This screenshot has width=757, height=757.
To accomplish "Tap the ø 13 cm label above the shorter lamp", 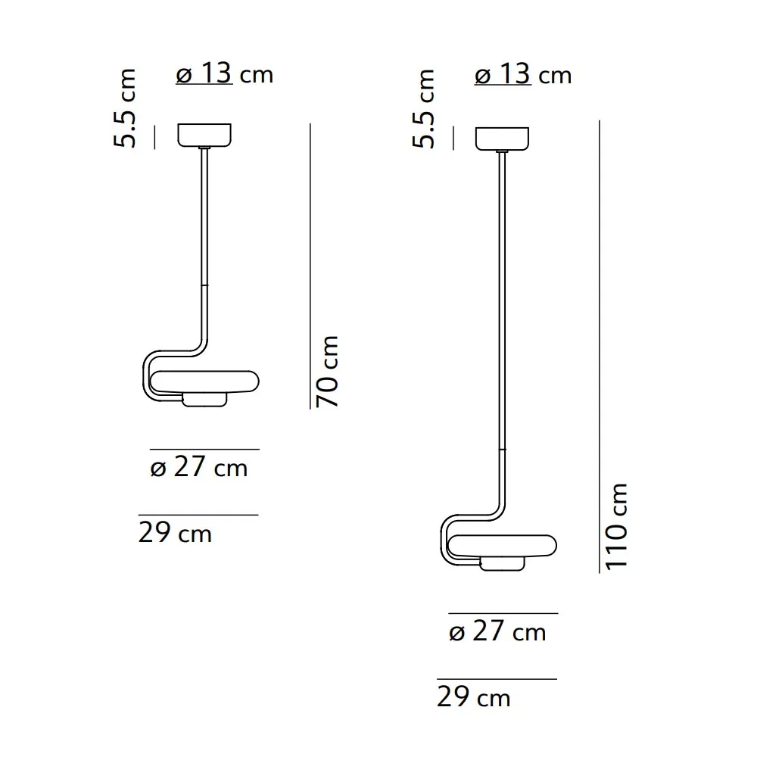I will coord(224,74).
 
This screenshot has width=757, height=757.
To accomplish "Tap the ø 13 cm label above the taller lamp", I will coord(522,75).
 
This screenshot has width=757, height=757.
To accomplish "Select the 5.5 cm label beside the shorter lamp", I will coord(126,108).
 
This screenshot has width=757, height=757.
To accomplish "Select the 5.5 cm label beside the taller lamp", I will coord(425,108).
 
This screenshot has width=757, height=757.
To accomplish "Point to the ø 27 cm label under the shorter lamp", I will coord(199,468).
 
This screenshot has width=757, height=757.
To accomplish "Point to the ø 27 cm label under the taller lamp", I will coord(497,631).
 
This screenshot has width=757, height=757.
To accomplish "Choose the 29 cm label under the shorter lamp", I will coord(175,533).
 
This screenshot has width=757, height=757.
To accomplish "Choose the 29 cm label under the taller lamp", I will coord(473,696).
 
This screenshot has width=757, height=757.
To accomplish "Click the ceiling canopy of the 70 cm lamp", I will coord(205,136).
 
